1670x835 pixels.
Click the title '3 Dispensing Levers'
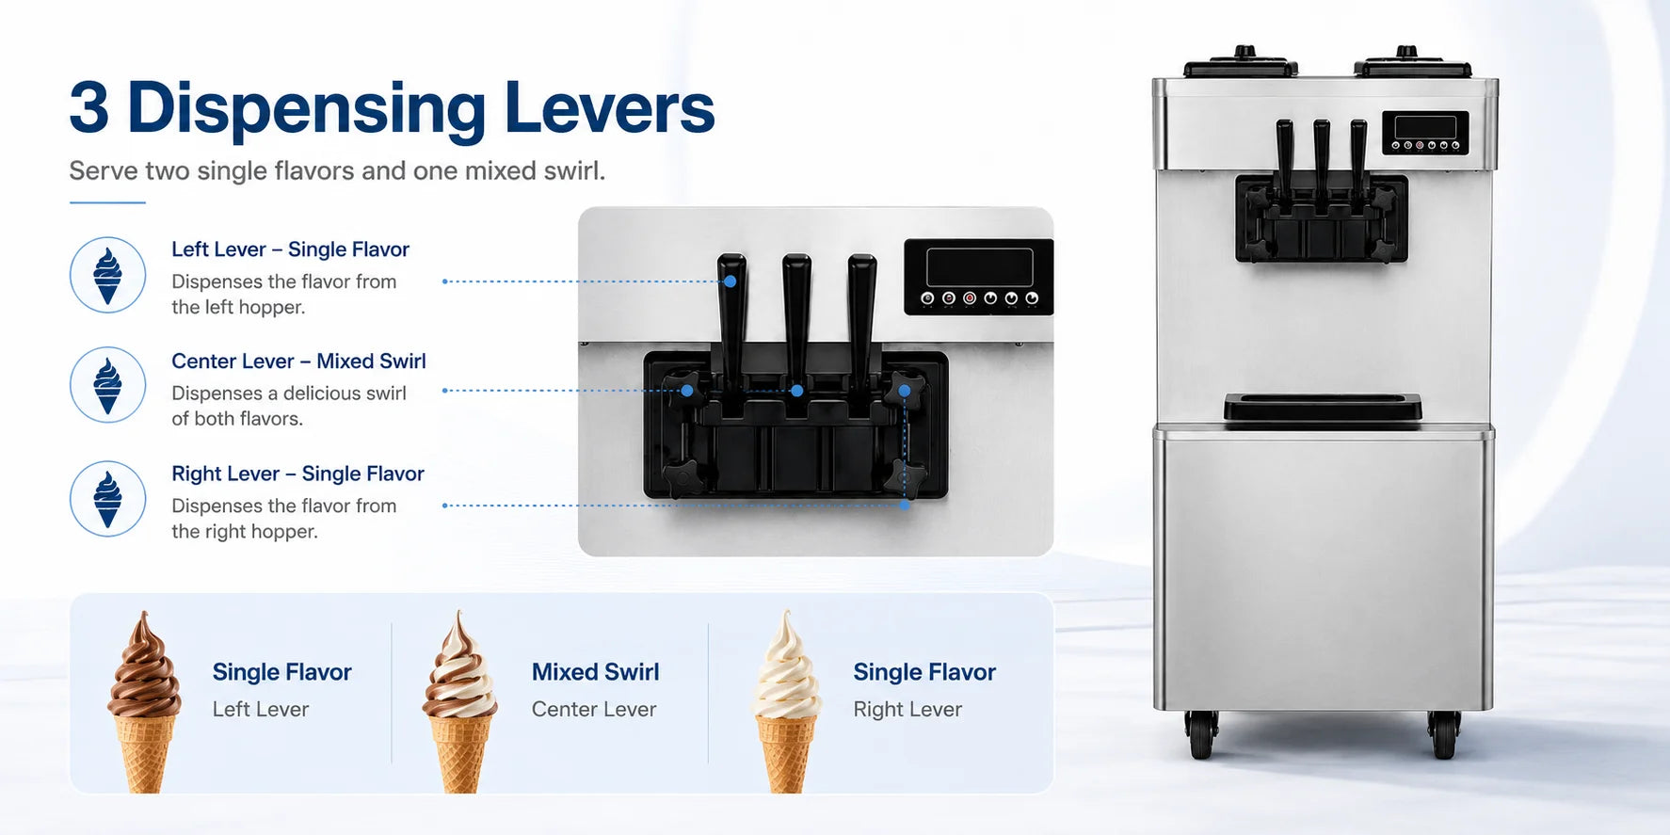click(392, 108)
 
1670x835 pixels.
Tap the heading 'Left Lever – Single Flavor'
click(290, 249)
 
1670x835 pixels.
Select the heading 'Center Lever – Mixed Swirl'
click(298, 361)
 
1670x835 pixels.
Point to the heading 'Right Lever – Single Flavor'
click(297, 474)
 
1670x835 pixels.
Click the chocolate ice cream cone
click(144, 701)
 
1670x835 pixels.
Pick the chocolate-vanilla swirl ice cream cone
click(459, 701)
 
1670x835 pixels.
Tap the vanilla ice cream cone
click(786, 701)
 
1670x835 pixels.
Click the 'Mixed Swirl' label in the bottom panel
click(595, 672)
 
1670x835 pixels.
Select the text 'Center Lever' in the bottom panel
click(594, 710)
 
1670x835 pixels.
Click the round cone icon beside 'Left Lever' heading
click(107, 275)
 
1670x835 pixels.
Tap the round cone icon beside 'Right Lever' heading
click(107, 499)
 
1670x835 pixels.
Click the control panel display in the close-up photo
click(979, 267)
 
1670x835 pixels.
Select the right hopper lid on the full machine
click(1412, 63)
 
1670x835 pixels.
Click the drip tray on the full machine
click(1323, 409)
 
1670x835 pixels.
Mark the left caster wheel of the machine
click(1202, 734)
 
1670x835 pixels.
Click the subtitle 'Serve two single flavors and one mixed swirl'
click(337, 171)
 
